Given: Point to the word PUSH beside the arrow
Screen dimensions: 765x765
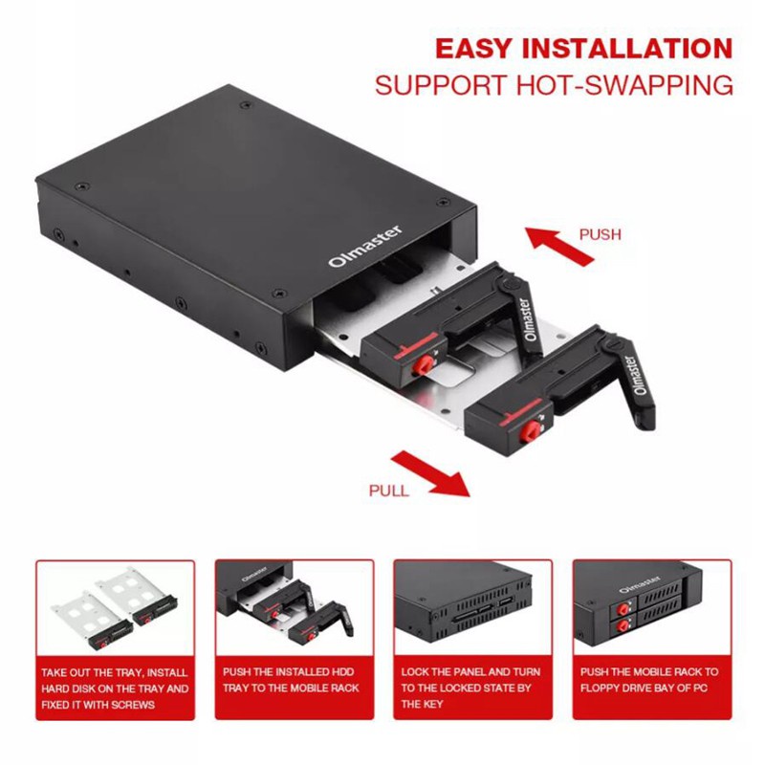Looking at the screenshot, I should tap(600, 234).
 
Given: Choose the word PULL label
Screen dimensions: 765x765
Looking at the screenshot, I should tap(388, 491).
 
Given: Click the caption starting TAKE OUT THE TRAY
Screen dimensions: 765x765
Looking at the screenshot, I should tap(116, 688).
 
